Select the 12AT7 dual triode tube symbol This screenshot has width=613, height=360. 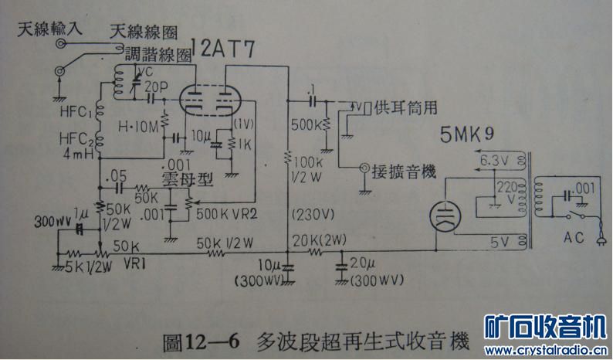click(206, 100)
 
